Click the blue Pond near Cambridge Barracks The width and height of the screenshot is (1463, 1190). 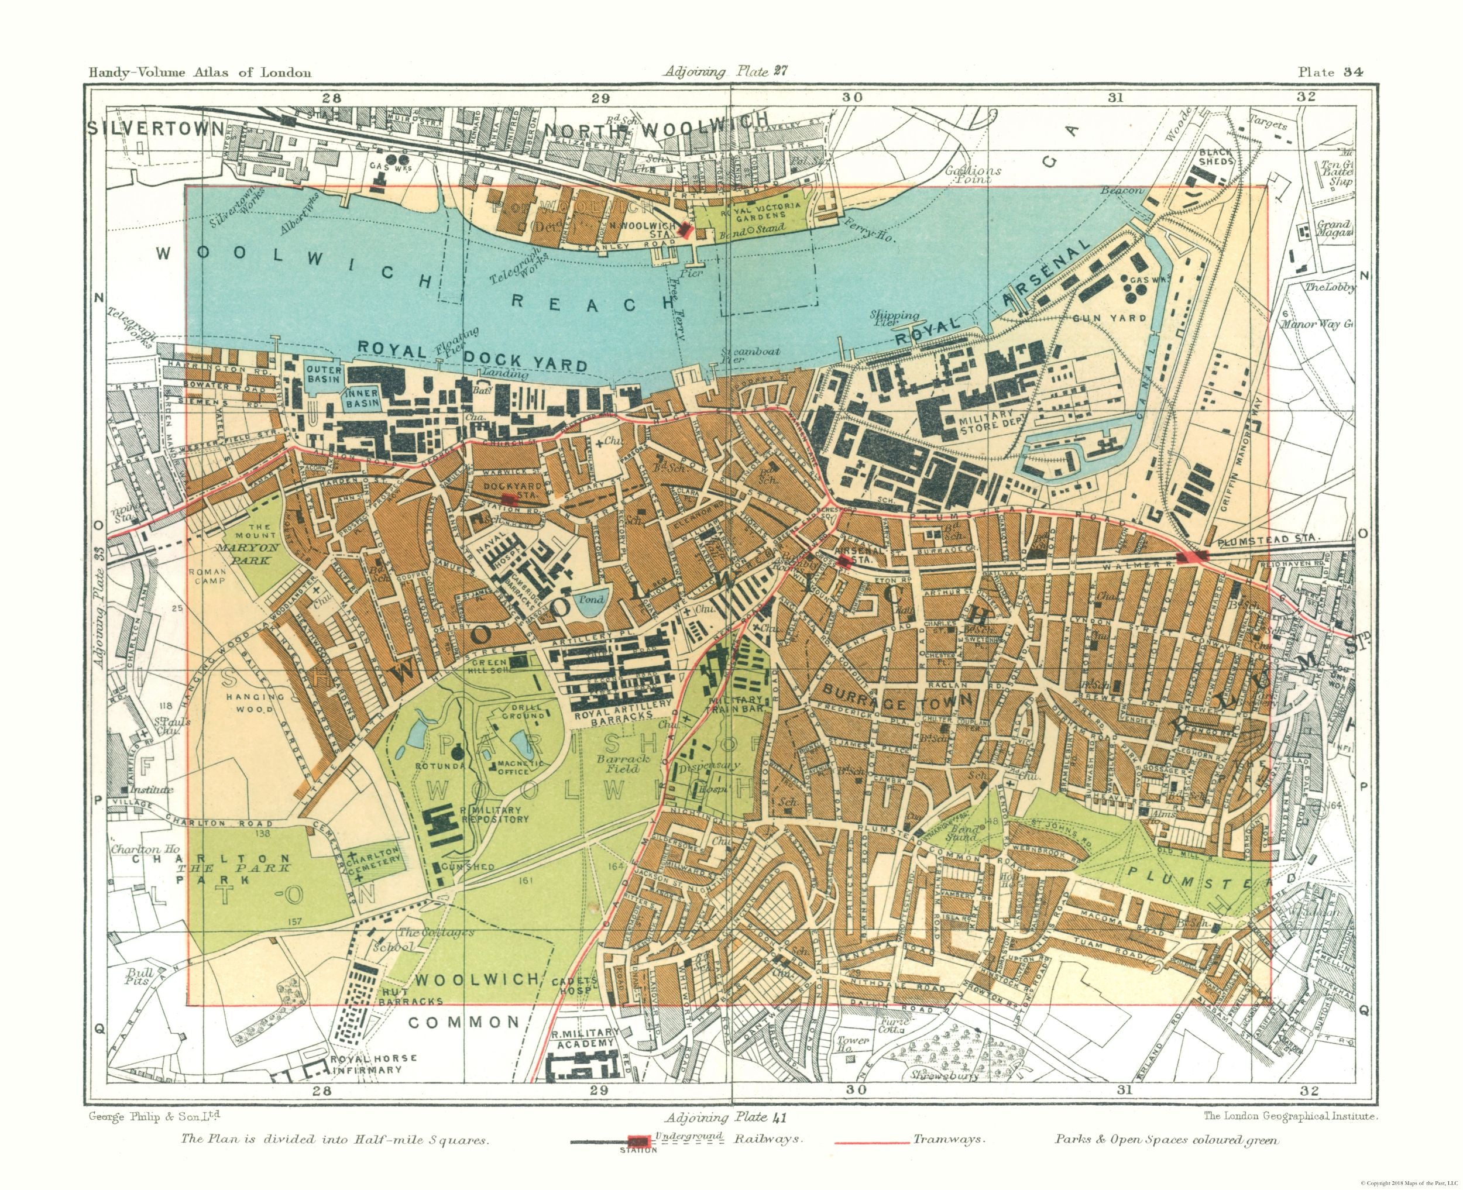[589, 603]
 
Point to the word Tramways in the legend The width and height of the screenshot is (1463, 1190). [947, 1139]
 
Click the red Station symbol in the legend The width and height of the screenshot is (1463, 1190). [638, 1141]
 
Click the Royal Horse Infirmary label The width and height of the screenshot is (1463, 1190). [373, 1064]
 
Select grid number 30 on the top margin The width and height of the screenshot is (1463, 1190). [852, 97]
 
